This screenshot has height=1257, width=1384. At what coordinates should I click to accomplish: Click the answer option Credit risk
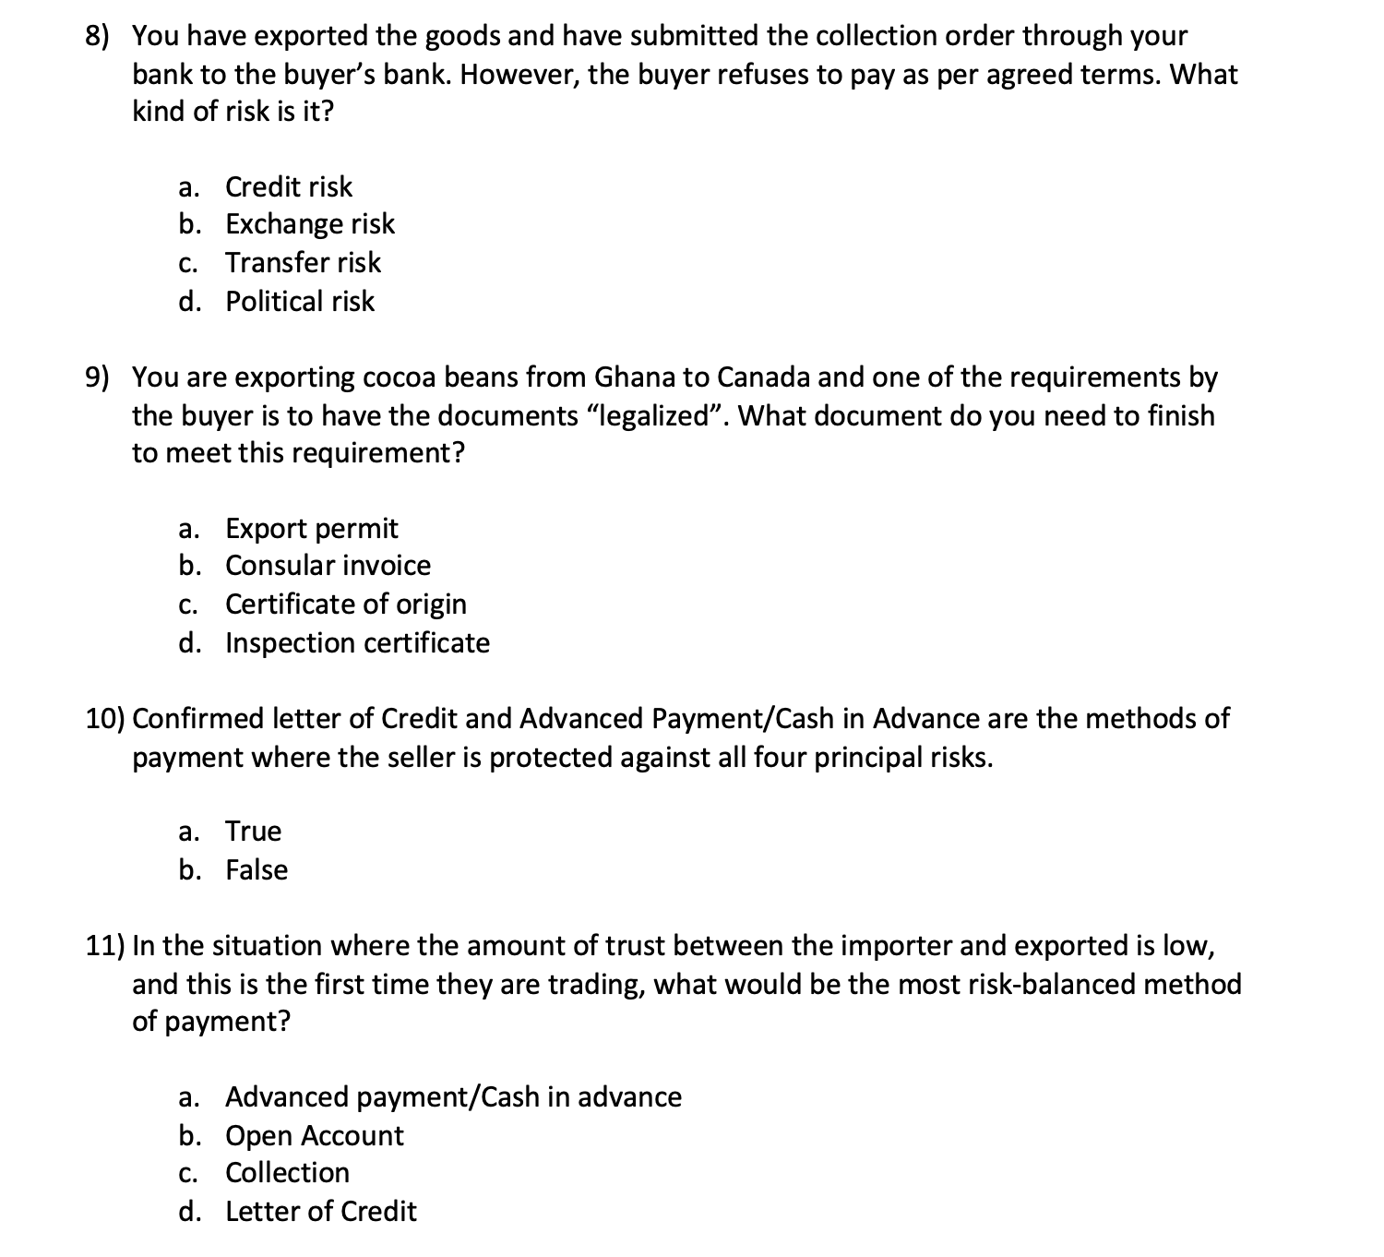(288, 187)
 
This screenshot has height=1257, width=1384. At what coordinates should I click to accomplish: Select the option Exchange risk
(309, 224)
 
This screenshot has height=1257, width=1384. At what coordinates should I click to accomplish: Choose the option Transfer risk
(303, 263)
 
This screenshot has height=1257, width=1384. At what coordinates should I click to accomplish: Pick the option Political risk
(300, 302)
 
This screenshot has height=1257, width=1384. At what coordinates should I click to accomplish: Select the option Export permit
(311, 529)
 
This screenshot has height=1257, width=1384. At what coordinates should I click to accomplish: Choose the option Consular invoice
(328, 566)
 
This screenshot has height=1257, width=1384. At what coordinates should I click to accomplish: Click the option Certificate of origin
(345, 605)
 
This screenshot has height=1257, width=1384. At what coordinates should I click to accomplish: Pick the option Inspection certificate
(357, 643)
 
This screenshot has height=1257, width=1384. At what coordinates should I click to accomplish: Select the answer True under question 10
(253, 832)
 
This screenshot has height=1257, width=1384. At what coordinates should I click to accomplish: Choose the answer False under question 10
(257, 870)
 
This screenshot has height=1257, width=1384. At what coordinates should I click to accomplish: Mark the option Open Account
(314, 1136)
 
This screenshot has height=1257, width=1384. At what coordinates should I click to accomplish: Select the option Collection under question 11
(287, 1173)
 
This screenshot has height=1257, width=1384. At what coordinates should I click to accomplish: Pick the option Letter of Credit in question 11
(320, 1212)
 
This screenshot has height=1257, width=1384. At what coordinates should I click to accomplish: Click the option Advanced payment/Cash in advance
(453, 1097)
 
